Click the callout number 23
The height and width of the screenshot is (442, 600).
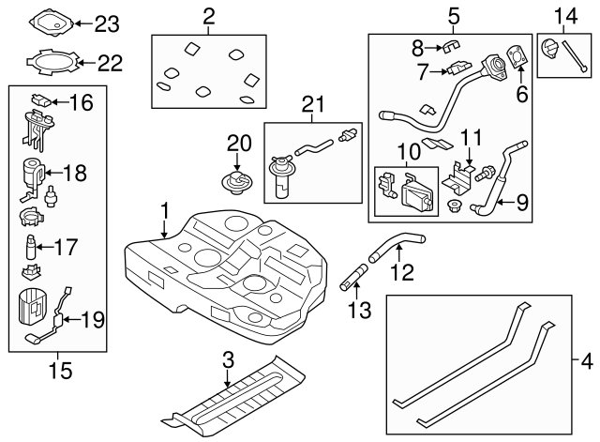point(108,22)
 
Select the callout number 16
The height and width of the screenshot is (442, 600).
point(82,102)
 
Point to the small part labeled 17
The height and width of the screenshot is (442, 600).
point(33,249)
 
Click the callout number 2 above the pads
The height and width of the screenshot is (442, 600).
point(208,15)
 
